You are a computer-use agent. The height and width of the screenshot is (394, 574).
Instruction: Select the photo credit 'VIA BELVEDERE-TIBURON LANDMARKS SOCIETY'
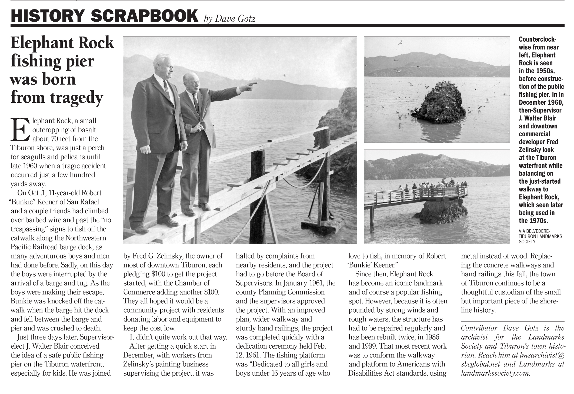click(x=540, y=236)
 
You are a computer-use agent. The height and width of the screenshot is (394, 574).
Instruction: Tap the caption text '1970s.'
click(x=533, y=221)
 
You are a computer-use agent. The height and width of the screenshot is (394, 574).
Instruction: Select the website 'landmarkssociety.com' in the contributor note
click(x=495, y=373)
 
